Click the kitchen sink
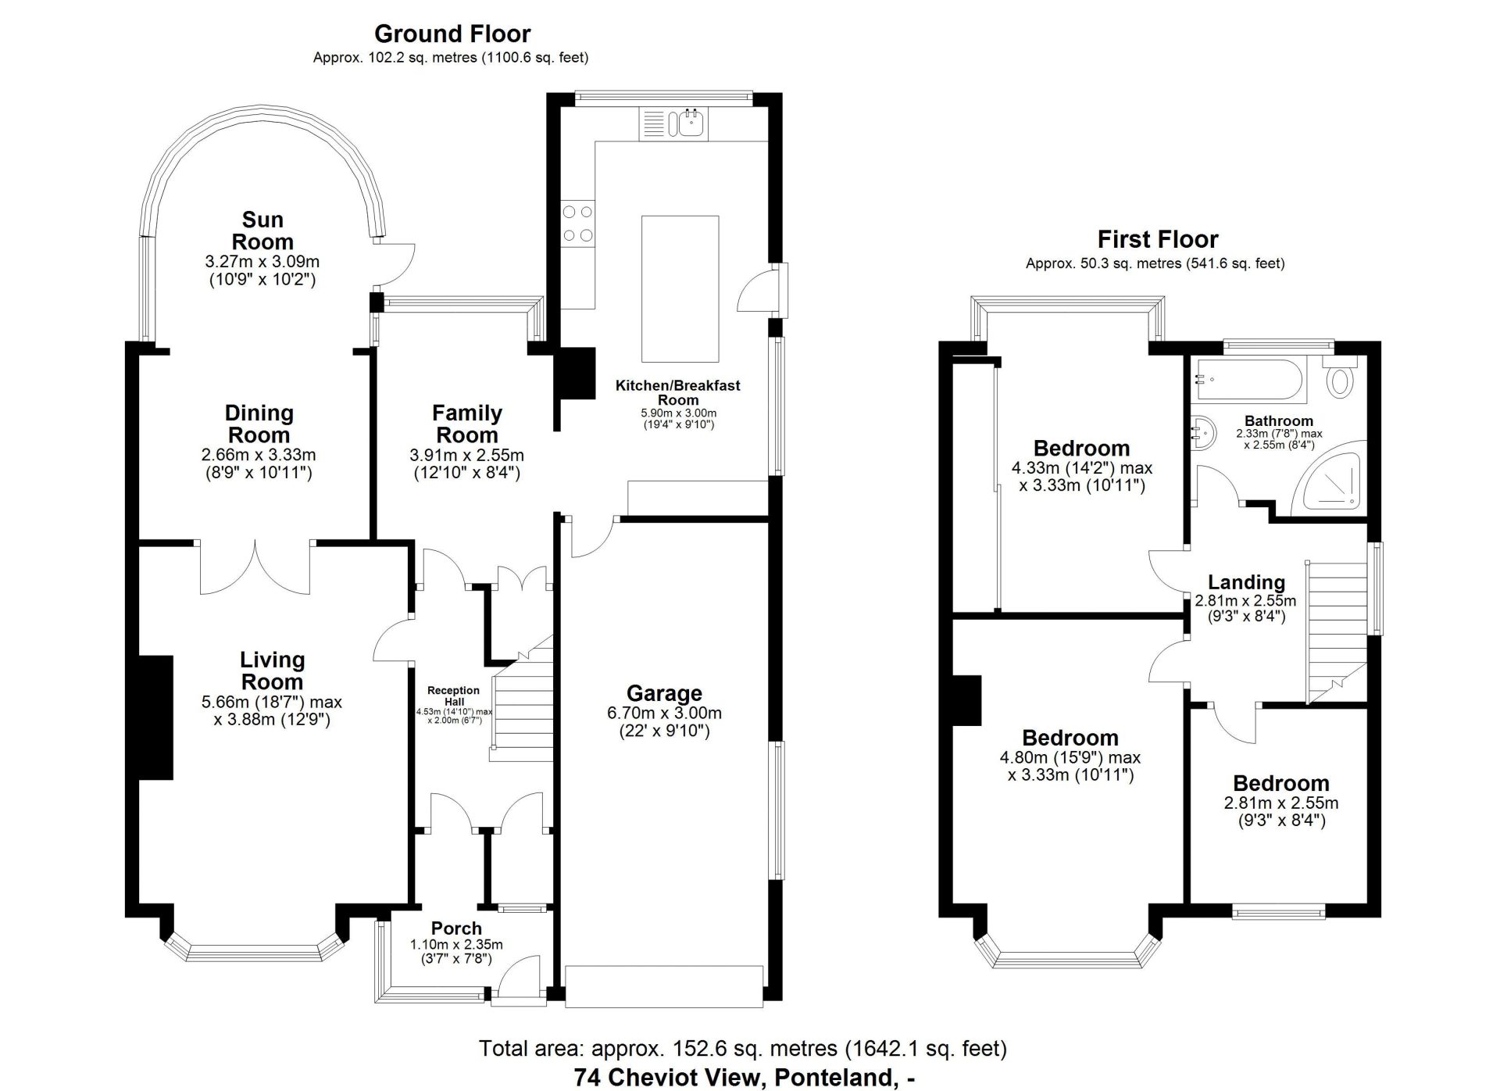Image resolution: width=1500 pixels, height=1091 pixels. click(x=673, y=124)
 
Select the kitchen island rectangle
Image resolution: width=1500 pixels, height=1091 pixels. click(x=680, y=289)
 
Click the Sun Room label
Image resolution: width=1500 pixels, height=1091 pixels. click(x=262, y=231)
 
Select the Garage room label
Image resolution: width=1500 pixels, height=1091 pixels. click(x=664, y=693)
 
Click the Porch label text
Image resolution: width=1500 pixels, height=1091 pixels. click(x=456, y=928)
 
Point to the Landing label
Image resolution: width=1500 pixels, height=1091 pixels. click(x=1246, y=581)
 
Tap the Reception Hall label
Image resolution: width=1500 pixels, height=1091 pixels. click(x=454, y=696)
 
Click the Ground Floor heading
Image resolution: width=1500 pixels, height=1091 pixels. click(x=452, y=34)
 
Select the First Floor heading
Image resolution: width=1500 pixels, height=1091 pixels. click(x=1158, y=238)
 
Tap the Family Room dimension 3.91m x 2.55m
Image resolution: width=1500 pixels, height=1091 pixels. click(x=466, y=455)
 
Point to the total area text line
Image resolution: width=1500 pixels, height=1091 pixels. click(x=743, y=1048)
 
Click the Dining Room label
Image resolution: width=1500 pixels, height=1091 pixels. click(x=259, y=424)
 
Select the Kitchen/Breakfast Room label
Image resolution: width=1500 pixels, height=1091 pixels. click(x=677, y=392)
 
